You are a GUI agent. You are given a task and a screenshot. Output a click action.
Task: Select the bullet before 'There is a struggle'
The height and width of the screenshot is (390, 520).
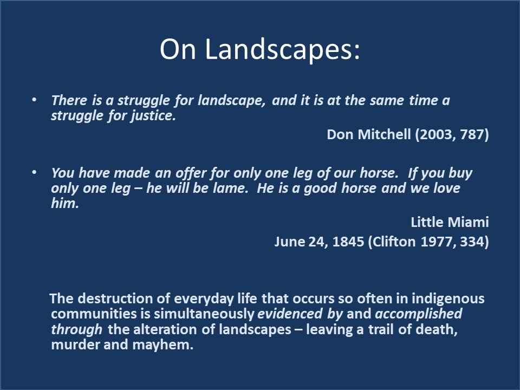coord(34,100)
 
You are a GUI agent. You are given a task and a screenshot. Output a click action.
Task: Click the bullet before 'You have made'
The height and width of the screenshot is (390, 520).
coord(34,173)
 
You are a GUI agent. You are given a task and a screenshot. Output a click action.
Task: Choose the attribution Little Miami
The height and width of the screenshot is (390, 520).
coord(450,222)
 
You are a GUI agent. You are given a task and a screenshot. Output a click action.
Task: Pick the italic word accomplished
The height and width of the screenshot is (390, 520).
coord(418,314)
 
